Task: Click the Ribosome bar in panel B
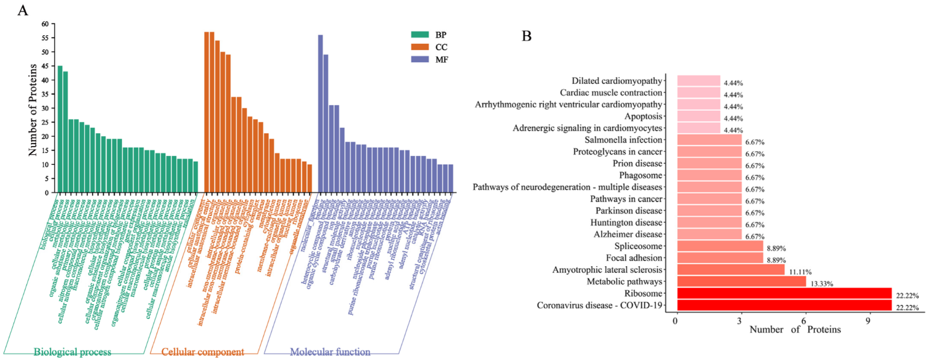tap(784, 293)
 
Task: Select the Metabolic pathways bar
tap(741, 281)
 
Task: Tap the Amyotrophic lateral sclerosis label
tap(607, 270)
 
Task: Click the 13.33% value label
tap(822, 284)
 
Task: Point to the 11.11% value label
tap(800, 272)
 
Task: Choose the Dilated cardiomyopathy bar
tap(698, 81)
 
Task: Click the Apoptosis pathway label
tap(643, 116)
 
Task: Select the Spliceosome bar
tap(720, 246)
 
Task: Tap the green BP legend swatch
tap(420, 35)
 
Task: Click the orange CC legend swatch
tap(420, 47)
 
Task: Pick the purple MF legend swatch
tap(420, 59)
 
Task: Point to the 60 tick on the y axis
tap(45, 24)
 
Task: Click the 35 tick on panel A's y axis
tap(45, 94)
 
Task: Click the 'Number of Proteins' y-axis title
tap(33, 109)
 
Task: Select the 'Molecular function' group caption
tap(330, 352)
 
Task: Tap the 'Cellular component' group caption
tap(202, 352)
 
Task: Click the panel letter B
tap(526, 36)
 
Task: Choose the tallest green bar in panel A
tap(60, 129)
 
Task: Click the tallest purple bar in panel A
tap(320, 114)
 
